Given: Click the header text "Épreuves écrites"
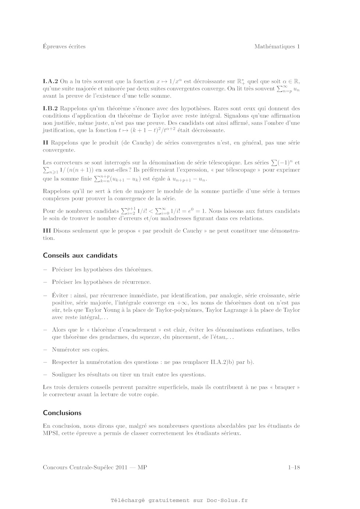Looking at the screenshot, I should (x=64, y=47).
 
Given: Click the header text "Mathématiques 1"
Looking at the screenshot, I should (x=277, y=47).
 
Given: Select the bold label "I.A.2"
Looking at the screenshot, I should (x=50, y=82).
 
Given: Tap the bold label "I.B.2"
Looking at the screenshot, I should (x=50, y=109).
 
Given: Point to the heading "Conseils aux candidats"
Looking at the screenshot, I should (x=80, y=256).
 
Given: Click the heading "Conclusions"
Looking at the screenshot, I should (x=62, y=413).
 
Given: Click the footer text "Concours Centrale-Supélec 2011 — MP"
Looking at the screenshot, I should (x=95, y=468).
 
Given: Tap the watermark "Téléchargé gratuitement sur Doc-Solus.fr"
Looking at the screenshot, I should (x=179, y=500).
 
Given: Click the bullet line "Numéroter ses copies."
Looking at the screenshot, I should (x=80, y=350).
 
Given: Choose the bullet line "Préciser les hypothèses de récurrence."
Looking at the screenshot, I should (x=101, y=282).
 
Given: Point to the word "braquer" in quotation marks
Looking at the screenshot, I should (x=285, y=387).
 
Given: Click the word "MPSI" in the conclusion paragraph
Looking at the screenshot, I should (x=51, y=433).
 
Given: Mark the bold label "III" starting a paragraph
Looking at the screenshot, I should (x=47, y=231).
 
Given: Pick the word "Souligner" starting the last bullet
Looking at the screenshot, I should (x=64, y=375).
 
